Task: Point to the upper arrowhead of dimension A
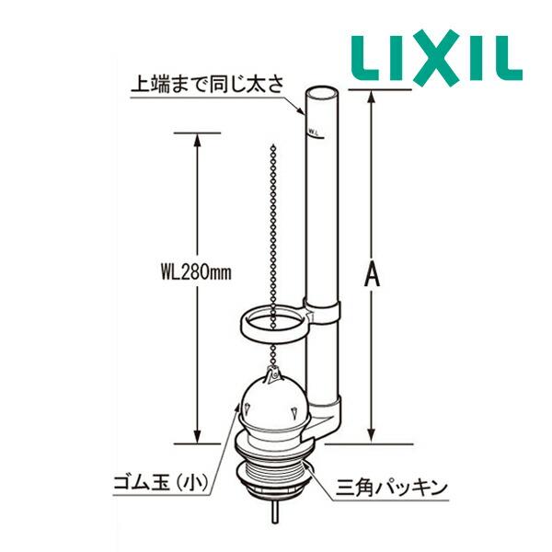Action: [x=372, y=98]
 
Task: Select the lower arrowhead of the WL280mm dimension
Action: [x=198, y=434]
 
